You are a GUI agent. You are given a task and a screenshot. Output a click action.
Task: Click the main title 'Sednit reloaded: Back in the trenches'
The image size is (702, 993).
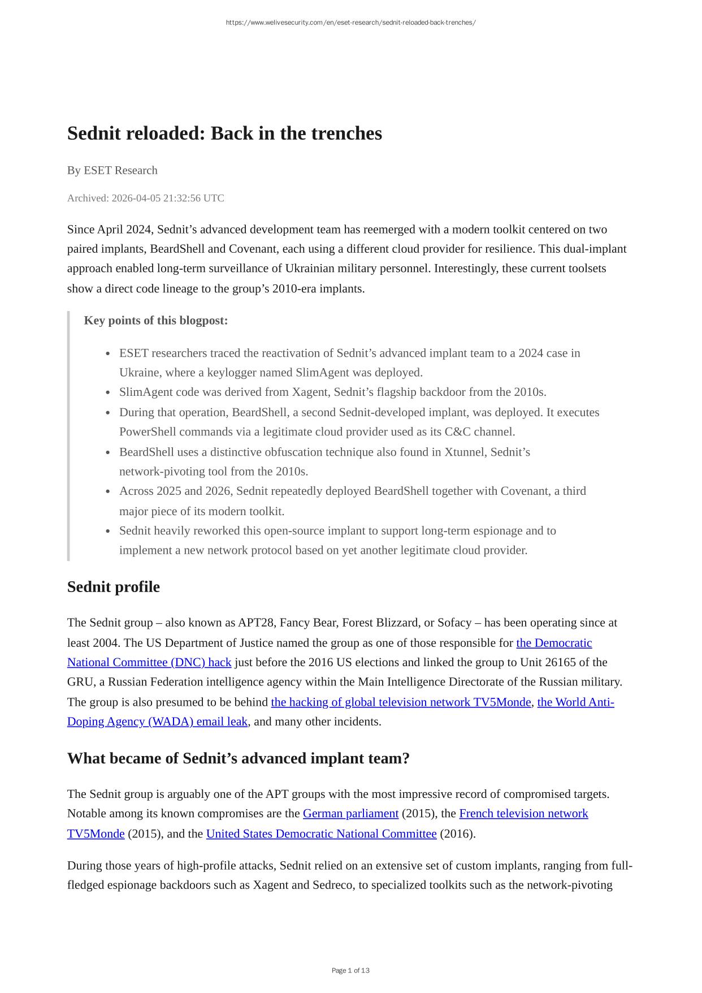224,133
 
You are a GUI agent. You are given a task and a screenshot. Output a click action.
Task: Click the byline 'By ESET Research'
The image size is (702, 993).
112,170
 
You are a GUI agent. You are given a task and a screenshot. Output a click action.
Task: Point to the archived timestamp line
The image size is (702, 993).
145,198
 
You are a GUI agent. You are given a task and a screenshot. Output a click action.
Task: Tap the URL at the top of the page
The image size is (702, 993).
350,23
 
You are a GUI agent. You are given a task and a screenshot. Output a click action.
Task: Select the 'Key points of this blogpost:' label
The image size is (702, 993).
155,321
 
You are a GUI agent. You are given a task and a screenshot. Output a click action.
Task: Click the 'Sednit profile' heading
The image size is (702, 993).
113,587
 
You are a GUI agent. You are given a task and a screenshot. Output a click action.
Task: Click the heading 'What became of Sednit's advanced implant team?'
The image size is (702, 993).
238,758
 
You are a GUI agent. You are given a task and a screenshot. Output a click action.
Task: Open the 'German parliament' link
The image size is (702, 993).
350,814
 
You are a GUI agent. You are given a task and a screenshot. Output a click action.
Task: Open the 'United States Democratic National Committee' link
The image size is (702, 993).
321,834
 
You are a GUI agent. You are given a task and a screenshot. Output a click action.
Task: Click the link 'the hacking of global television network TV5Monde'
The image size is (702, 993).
401,702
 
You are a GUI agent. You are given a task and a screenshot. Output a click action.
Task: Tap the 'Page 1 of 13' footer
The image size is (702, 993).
350,970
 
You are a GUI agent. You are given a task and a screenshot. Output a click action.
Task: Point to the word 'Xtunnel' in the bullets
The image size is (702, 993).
464,452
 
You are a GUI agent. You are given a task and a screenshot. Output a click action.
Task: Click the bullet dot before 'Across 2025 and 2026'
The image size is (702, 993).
107,491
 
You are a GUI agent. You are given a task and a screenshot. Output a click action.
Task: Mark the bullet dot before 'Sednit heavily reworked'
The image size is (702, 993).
107,531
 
